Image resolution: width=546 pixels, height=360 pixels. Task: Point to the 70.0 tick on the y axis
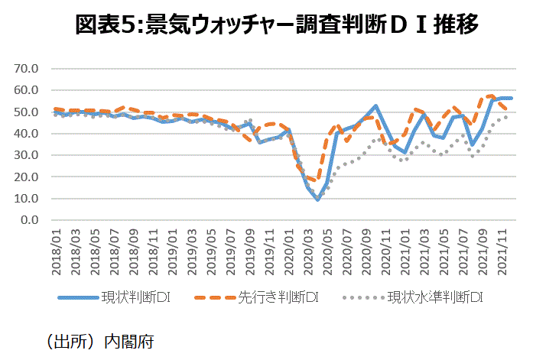pos(25,68)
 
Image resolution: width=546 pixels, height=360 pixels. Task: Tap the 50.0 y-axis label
pos(25,112)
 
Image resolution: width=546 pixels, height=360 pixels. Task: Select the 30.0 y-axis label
pos(25,155)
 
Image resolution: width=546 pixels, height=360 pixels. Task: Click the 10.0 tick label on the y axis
pos(25,198)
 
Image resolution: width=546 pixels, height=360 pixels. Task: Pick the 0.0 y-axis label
pos(28,220)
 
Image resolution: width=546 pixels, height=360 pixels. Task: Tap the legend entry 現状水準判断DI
pos(435,297)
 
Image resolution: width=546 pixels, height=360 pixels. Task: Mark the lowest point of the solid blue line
pos(317,199)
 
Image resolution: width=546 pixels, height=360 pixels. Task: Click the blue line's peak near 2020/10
pos(376,106)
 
